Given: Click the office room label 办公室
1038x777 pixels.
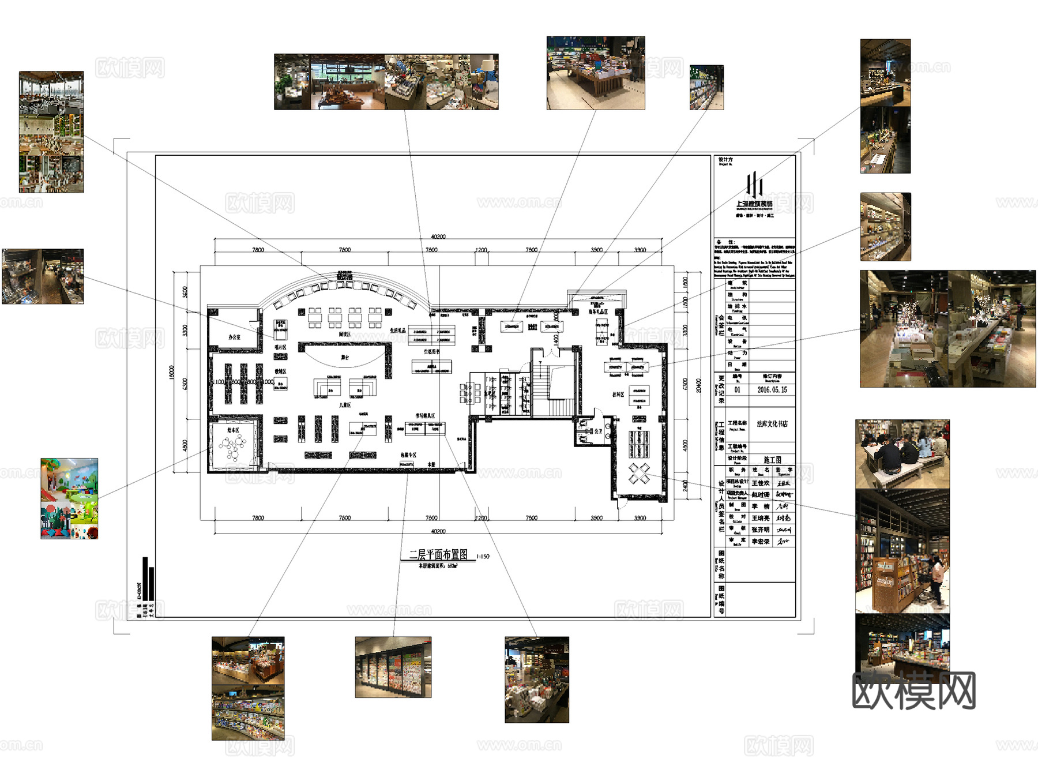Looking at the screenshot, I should pyautogui.click(x=234, y=337).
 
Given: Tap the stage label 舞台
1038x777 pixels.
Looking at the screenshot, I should pyautogui.click(x=345, y=358).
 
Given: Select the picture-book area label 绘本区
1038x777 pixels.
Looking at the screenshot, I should pyautogui.click(x=233, y=430).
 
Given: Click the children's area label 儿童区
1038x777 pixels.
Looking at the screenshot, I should pyautogui.click(x=345, y=406).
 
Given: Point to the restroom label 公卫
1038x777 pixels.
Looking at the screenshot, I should pyautogui.click(x=598, y=431).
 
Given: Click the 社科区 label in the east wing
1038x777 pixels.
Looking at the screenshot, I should pyautogui.click(x=618, y=395).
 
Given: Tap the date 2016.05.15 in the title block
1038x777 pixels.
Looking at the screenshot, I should pyautogui.click(x=772, y=390).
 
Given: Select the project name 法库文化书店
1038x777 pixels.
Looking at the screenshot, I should pyautogui.click(x=772, y=424).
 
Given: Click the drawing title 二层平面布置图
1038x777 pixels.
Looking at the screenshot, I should pyautogui.click(x=438, y=554).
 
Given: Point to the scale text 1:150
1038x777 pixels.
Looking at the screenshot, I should pyautogui.click(x=483, y=557).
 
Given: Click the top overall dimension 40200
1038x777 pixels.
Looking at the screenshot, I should pyautogui.click(x=438, y=237).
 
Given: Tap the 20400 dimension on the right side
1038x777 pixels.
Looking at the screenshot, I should pyautogui.click(x=698, y=385).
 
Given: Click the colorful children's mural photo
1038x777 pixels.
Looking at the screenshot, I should pyautogui.click(x=69, y=498).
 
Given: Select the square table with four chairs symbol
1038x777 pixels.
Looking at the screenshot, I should pyautogui.click(x=638, y=474).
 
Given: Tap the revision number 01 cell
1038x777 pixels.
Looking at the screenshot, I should pyautogui.click(x=737, y=390).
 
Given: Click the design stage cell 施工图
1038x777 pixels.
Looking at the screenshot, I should pyautogui.click(x=772, y=460).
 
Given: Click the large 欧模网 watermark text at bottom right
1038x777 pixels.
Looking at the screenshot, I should pyautogui.click(x=913, y=690).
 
